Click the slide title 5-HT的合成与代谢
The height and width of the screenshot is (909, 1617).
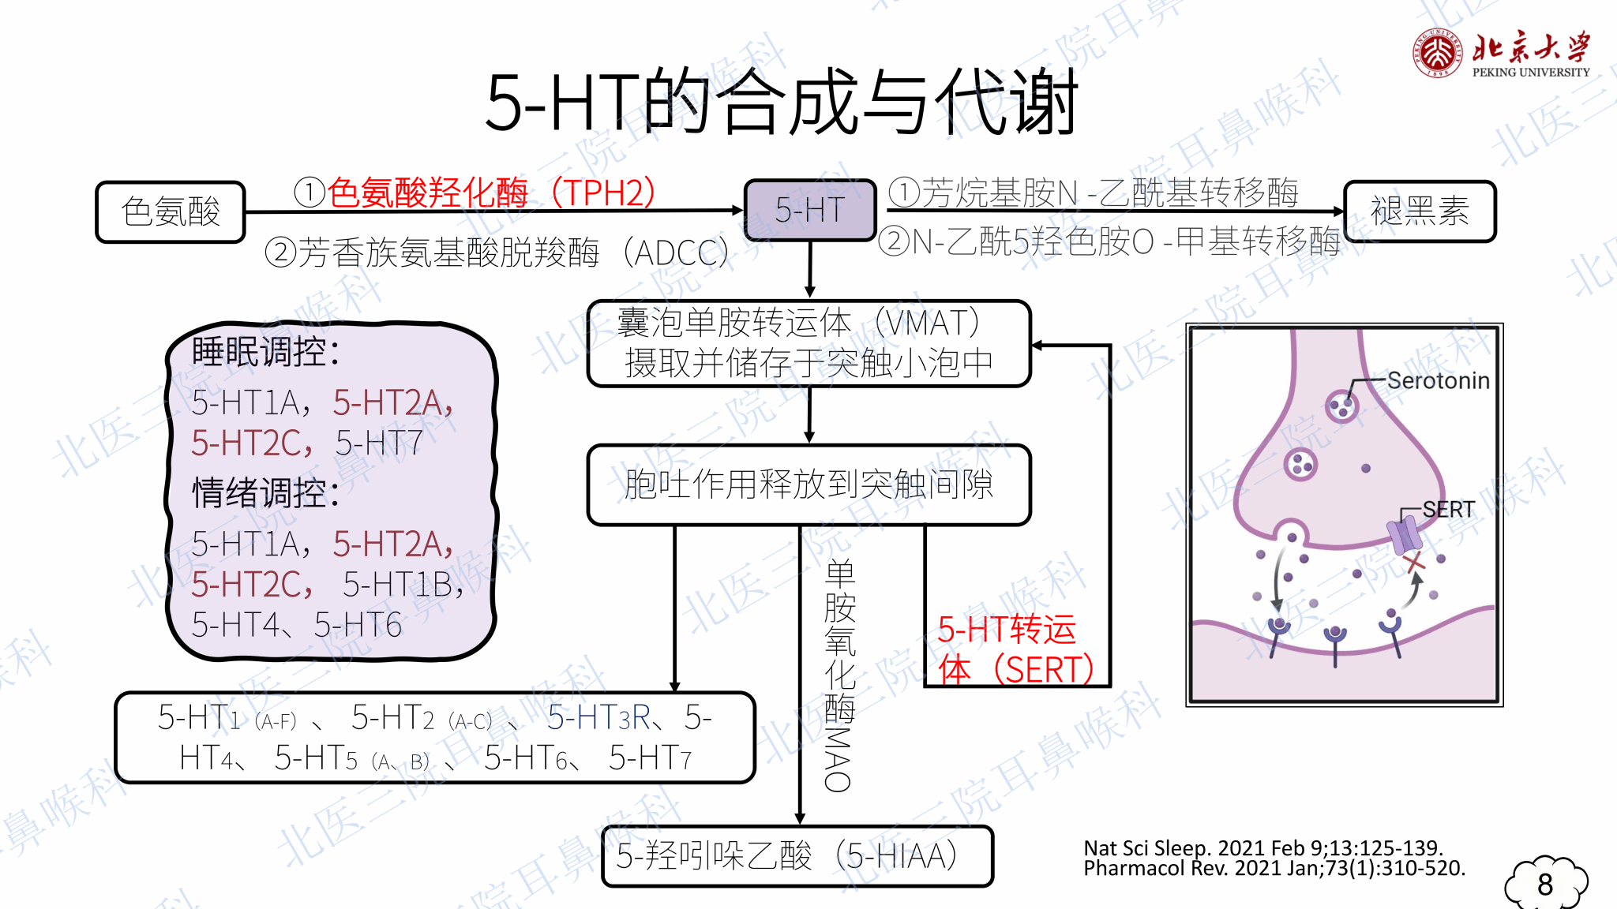coord(781,103)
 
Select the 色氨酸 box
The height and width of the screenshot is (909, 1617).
coord(171,212)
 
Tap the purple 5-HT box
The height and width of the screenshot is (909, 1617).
coord(810,211)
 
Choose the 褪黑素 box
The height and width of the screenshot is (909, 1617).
coord(1419,211)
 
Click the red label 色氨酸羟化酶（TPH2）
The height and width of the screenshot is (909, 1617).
coord(475,192)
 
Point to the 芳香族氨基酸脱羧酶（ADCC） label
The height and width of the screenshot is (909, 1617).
coord(497,253)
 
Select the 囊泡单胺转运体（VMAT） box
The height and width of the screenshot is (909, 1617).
coord(809,343)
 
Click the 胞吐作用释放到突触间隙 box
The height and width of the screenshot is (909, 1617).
coord(809,484)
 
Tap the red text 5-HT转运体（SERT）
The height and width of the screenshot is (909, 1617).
coord(1015,649)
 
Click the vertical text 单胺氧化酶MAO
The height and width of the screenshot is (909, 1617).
coord(839,675)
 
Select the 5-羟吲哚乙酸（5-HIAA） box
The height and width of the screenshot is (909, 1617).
coord(797,856)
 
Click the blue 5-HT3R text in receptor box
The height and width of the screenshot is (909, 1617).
coord(598,718)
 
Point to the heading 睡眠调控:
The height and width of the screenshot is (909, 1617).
coord(265,352)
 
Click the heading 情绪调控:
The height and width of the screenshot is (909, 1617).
coord(265,493)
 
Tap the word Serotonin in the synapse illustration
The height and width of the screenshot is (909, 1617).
coord(1438,381)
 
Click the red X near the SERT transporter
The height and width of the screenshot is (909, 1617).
coord(1414,563)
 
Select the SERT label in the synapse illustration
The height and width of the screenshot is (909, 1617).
coord(1448,510)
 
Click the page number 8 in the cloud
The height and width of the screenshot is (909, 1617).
coord(1545,885)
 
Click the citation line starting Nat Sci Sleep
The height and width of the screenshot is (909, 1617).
coord(1263,848)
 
